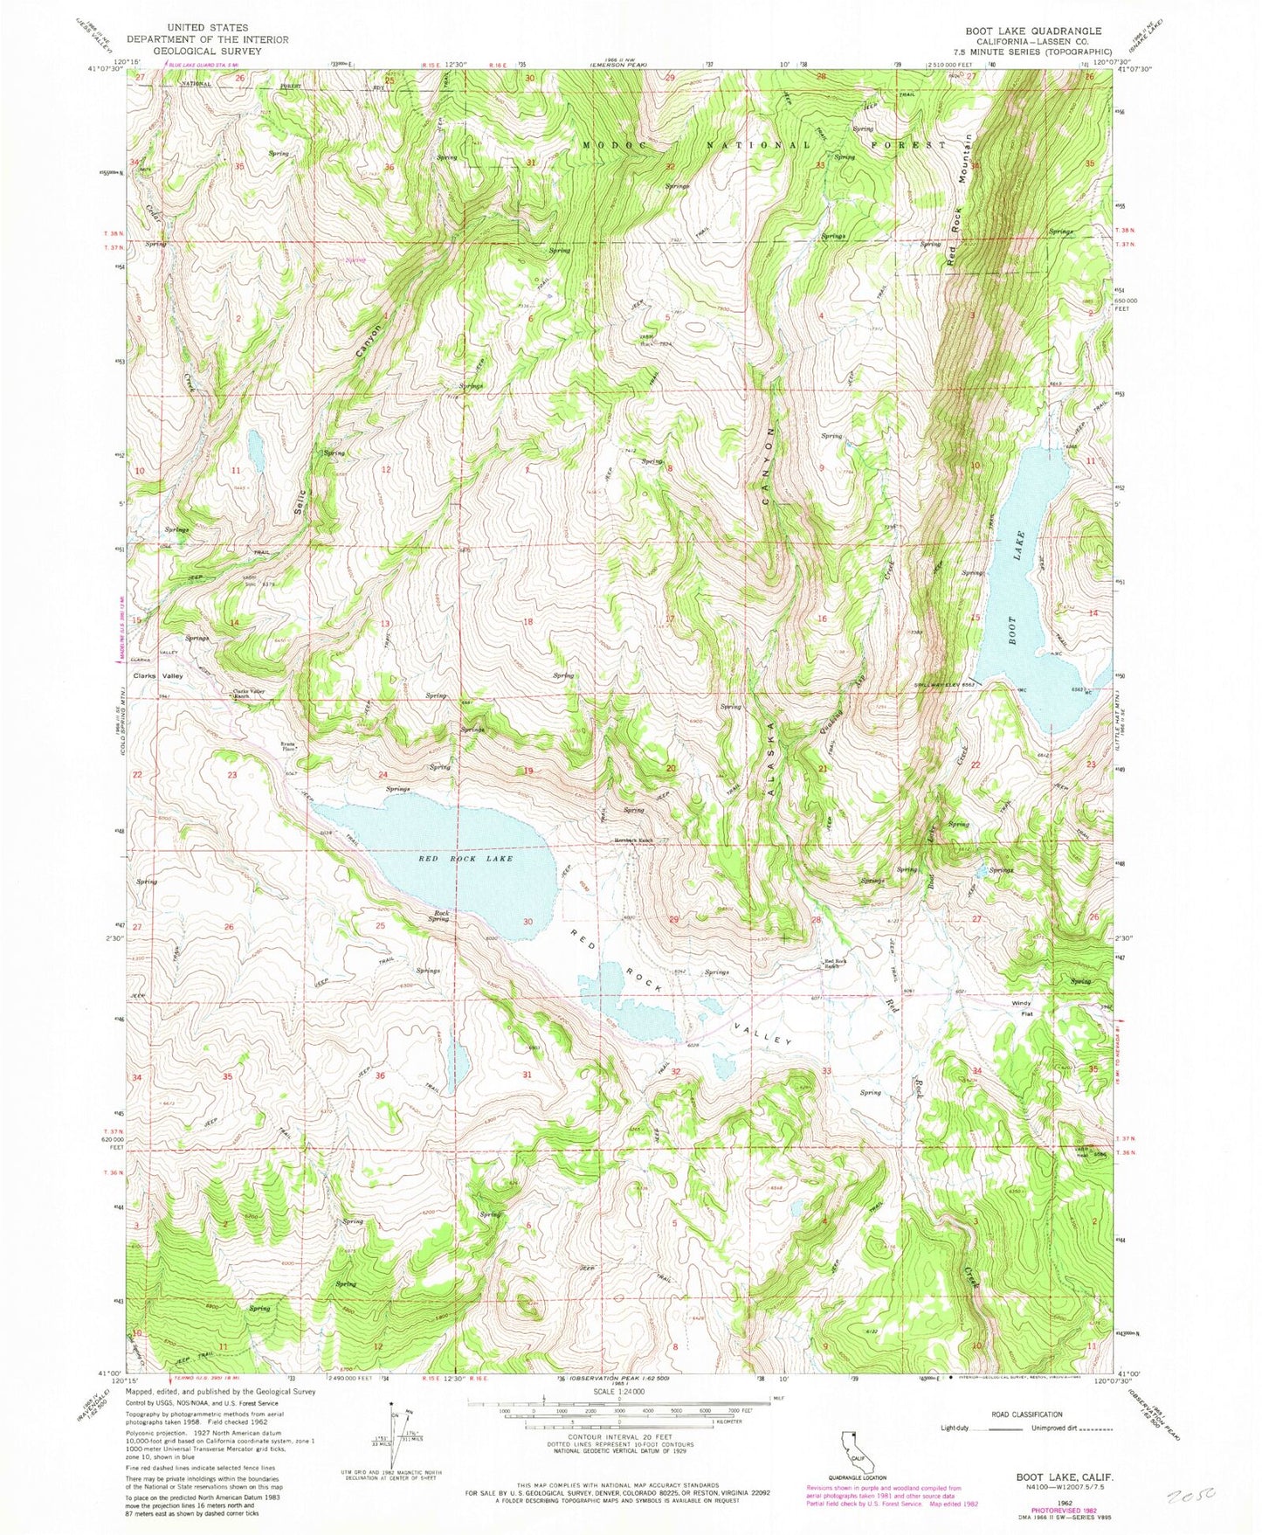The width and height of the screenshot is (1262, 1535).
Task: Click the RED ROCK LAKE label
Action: click(x=452, y=859)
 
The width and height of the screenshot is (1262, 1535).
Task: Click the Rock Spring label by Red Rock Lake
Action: click(x=438, y=916)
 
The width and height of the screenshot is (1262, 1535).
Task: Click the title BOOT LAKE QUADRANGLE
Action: click(x=1033, y=31)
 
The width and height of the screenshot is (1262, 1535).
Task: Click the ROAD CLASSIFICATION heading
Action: click(x=1027, y=1414)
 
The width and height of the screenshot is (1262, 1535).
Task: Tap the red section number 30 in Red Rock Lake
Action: click(x=528, y=922)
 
